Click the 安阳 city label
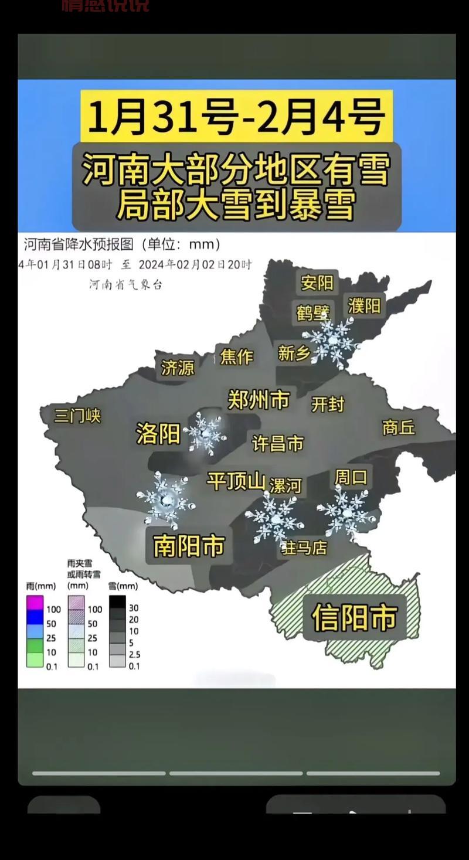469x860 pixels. click(x=317, y=283)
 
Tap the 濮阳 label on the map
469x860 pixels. click(x=364, y=305)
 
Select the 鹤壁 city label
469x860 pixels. click(x=313, y=312)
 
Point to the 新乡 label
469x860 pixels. click(x=294, y=353)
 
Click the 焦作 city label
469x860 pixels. click(x=236, y=356)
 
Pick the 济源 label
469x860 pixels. click(x=178, y=368)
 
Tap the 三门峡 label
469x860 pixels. click(x=77, y=416)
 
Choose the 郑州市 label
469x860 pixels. click(x=259, y=400)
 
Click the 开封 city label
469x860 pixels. click(x=328, y=404)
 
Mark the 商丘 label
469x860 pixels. click(x=399, y=427)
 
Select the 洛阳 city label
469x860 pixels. click(x=158, y=434)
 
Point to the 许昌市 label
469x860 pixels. click(x=278, y=443)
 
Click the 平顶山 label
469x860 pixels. click(x=236, y=481)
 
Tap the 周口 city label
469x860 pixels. click(x=351, y=477)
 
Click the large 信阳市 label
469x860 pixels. click(x=355, y=617)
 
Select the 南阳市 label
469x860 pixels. click(x=189, y=546)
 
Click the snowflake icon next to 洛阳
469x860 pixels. click(x=205, y=434)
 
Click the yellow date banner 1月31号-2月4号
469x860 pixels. click(x=236, y=115)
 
